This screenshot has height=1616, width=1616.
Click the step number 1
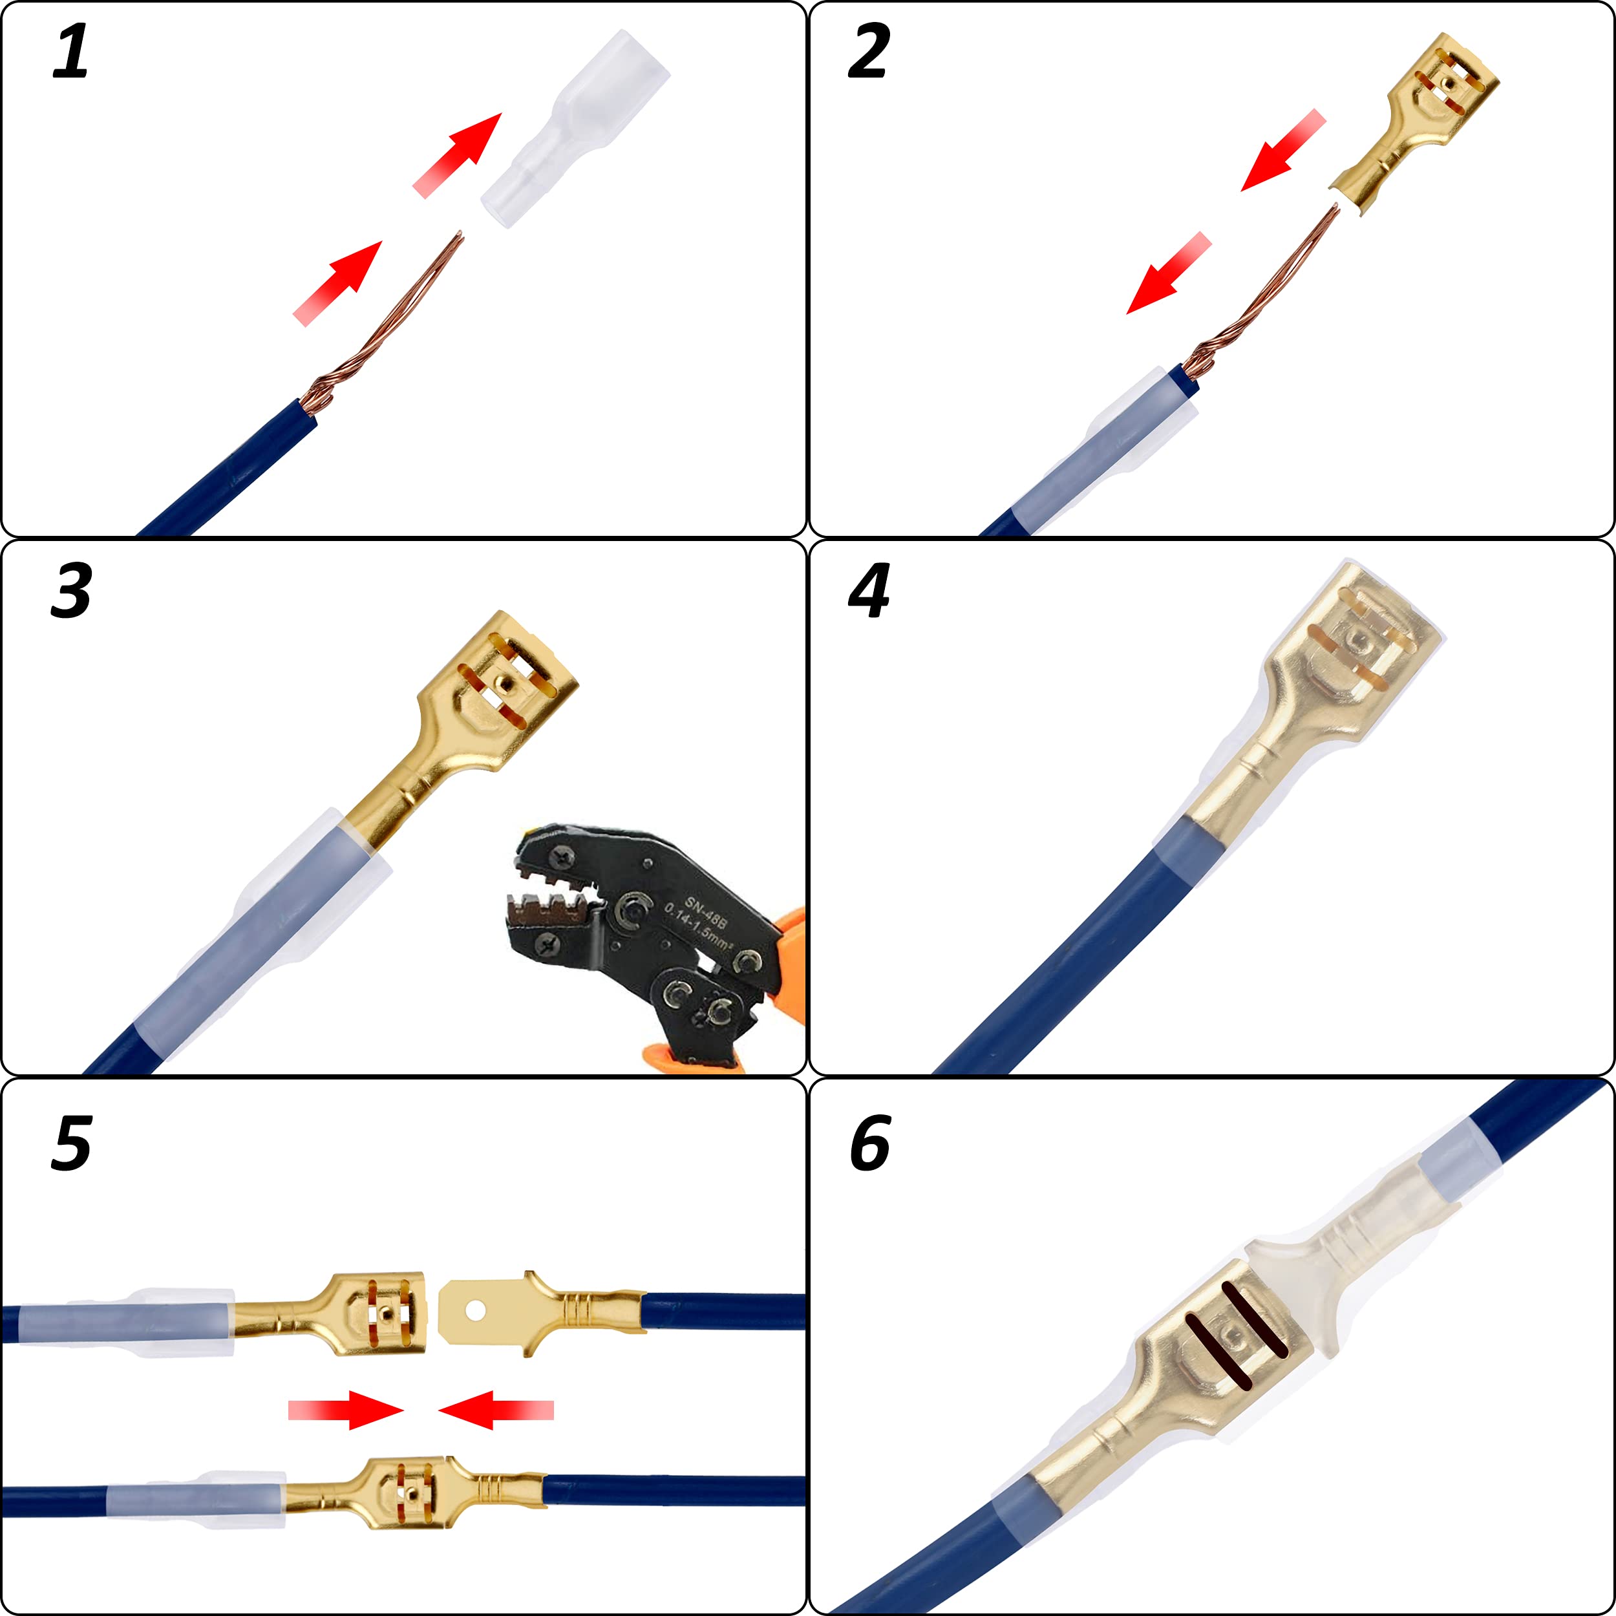pos(70,52)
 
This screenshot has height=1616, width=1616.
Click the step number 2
pos(868,52)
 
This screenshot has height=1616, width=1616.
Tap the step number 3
pos(70,591)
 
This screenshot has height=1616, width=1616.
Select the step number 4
pos(868,591)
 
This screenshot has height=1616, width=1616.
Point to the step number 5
pos(70,1144)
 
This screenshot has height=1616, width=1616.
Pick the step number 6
pos(870,1144)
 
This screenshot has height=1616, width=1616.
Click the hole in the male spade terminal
pos(474,1310)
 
